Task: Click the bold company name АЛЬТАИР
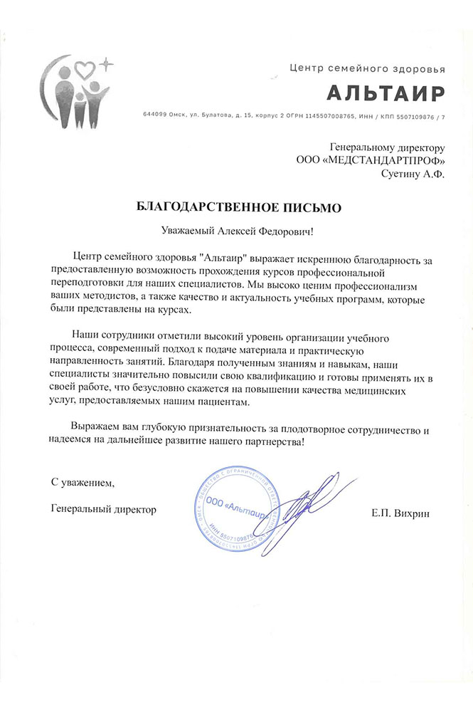click(x=386, y=93)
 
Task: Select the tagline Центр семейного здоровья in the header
click(x=368, y=69)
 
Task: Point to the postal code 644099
click(x=154, y=115)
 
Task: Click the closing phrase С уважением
click(x=82, y=483)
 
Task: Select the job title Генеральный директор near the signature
click(x=104, y=509)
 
